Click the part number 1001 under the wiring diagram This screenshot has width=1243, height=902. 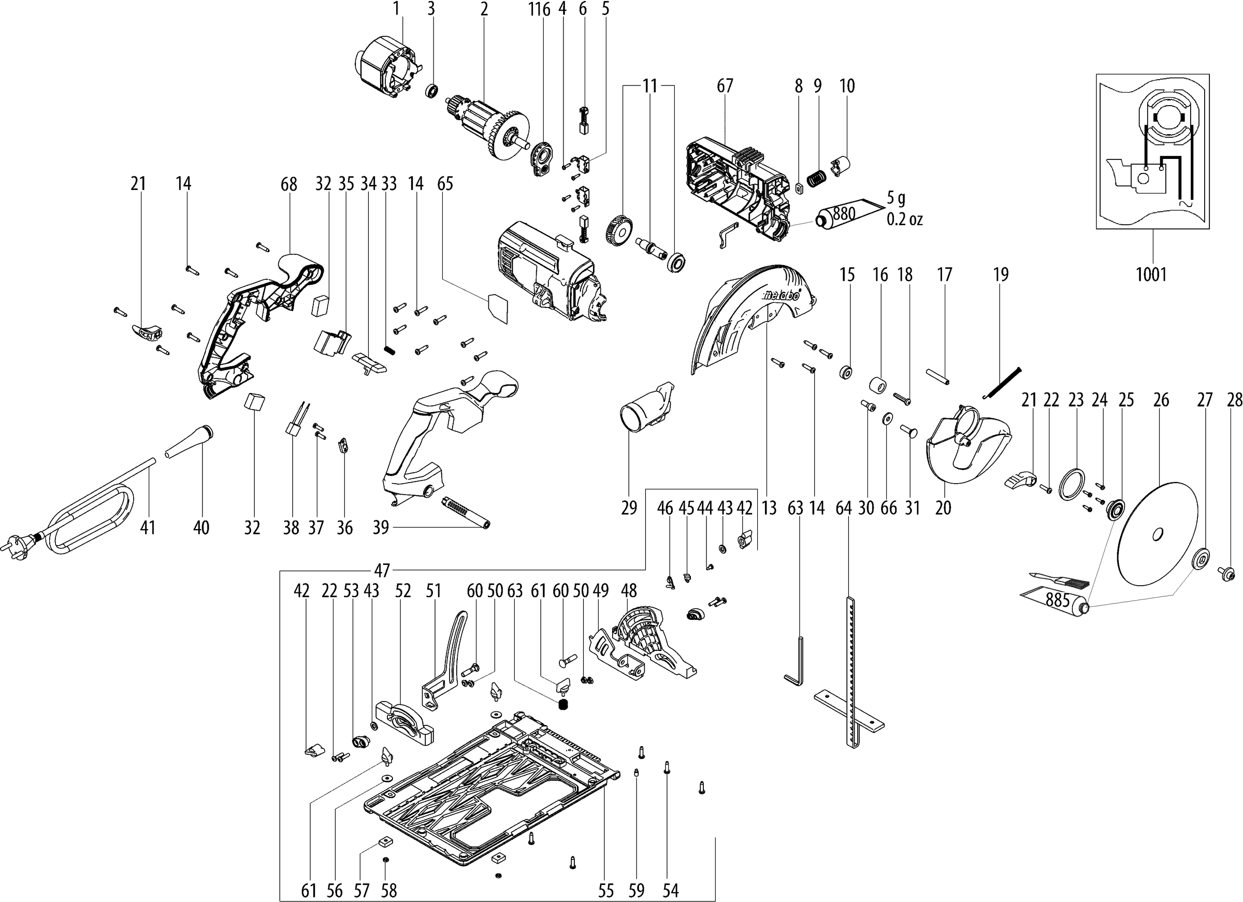point(1151,274)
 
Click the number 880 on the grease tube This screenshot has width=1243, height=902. point(844,213)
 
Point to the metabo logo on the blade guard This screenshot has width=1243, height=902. point(781,295)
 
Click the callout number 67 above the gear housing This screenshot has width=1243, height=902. point(725,86)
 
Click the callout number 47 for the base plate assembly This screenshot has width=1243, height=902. point(382,571)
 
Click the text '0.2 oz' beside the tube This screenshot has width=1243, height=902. point(905,220)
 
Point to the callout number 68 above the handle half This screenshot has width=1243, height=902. point(289,184)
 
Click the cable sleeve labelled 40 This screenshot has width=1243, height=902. point(189,441)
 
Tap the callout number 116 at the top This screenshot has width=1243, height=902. point(539,9)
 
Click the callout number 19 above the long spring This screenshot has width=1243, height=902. point(1001,274)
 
